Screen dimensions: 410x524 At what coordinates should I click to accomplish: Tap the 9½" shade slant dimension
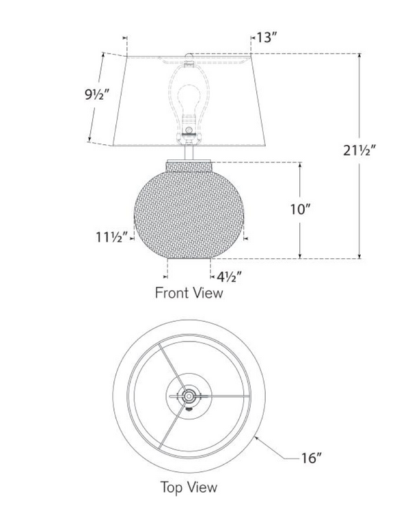pyautogui.click(x=97, y=95)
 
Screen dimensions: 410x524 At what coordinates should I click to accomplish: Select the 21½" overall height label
pyautogui.click(x=360, y=150)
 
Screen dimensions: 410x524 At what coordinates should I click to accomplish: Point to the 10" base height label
pyautogui.click(x=301, y=210)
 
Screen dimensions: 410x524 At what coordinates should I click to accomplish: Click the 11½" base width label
pyautogui.click(x=112, y=237)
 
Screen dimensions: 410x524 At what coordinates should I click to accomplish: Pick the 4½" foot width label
pyautogui.click(x=229, y=277)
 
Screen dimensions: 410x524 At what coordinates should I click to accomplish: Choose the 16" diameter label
pyautogui.click(x=312, y=458)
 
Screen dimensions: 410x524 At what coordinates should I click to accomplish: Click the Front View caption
pyautogui.click(x=189, y=293)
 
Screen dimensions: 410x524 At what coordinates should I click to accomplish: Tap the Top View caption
pyautogui.click(x=189, y=487)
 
